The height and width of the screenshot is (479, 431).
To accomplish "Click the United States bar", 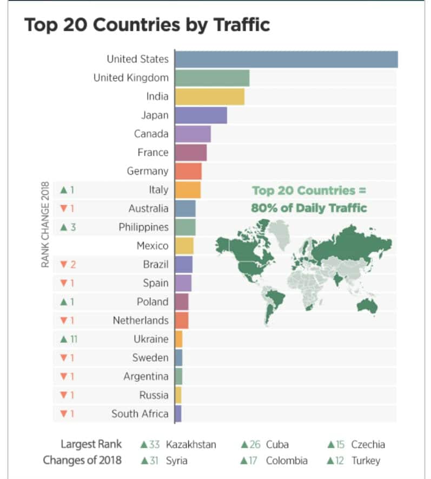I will [286, 59].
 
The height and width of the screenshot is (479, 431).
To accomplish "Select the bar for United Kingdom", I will [212, 78].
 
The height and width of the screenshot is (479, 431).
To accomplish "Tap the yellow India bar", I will [210, 96].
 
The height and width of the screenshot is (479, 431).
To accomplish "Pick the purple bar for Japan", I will [201, 115].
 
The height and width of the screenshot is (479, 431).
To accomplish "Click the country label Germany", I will [148, 171].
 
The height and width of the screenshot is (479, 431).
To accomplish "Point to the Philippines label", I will [143, 227].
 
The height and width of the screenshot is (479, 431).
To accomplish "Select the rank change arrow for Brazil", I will [63, 265].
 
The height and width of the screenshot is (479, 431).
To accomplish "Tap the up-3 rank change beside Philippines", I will [68, 227].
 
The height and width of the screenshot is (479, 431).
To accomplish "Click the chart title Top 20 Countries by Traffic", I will [147, 25].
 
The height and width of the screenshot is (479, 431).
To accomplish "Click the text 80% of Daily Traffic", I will [309, 208].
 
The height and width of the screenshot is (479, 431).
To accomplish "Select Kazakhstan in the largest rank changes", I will [191, 445].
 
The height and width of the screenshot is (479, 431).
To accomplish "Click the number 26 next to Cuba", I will [255, 445].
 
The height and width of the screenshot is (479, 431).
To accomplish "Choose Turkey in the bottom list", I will [366, 461].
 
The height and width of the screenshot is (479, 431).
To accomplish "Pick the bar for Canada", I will [193, 134].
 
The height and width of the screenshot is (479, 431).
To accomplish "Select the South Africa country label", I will [140, 414].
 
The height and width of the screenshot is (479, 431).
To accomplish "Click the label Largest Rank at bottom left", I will [91, 444].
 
